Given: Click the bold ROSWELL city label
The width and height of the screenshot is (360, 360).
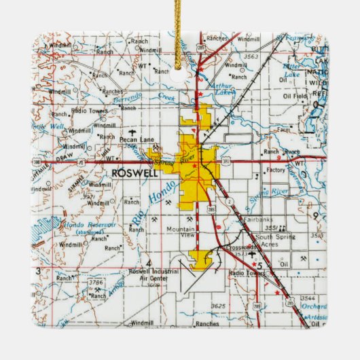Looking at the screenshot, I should click(x=136, y=173).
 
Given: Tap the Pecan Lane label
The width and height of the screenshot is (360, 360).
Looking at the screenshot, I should click(x=133, y=141).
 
